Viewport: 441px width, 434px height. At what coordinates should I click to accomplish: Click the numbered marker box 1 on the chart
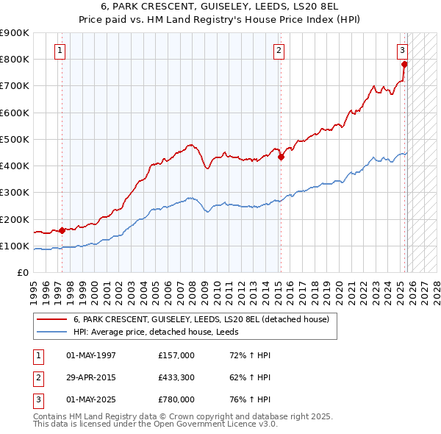[x=60, y=51]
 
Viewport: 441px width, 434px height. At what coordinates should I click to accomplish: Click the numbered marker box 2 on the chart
[x=279, y=51]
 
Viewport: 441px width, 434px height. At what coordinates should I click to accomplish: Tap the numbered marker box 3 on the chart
[x=403, y=51]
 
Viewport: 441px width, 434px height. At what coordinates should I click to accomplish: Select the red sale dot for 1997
[x=62, y=230]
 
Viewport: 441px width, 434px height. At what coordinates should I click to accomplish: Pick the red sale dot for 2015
[x=281, y=156]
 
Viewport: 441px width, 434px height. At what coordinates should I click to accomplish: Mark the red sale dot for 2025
[x=404, y=64]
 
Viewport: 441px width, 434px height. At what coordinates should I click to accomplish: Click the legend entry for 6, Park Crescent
[x=205, y=319]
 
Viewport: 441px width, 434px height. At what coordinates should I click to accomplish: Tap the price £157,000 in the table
[x=176, y=355]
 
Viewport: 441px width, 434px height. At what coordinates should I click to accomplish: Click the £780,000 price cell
[x=176, y=399]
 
